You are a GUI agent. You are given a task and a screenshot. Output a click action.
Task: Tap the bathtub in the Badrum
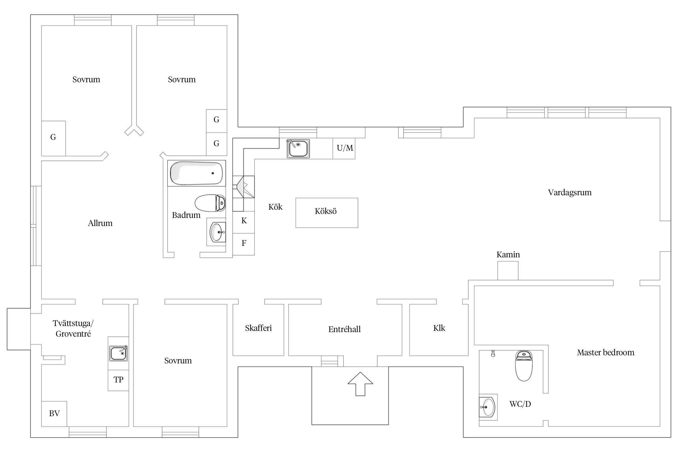coord(196,173)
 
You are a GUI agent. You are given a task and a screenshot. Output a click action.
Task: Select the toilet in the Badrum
coord(210,203)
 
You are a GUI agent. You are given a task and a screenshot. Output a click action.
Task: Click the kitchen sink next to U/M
coord(298,149)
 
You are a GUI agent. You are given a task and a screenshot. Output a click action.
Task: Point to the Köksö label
coord(326,211)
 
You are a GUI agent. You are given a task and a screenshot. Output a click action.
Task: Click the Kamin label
coord(508,255)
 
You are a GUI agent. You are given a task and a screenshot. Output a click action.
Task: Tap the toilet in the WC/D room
coord(524,366)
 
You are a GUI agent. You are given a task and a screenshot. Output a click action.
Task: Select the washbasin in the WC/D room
coord(488,407)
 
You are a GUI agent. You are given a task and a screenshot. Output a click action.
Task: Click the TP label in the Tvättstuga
coord(118,380)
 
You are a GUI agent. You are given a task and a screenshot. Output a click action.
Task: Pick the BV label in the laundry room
coord(54,413)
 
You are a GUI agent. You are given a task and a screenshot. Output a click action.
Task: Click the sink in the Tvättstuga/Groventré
coord(118,353)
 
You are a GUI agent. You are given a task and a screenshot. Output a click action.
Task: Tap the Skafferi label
coord(258,328)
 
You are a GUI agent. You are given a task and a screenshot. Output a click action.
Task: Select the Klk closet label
coord(439,328)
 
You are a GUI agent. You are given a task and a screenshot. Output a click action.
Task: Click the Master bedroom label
coord(606,353)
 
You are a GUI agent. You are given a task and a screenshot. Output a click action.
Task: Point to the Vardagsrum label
coord(570,193)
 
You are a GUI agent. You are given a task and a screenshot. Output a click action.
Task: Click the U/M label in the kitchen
coord(345,148)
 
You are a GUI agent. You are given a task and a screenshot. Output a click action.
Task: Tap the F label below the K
coord(244,243)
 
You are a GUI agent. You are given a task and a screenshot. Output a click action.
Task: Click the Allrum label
coord(100,223)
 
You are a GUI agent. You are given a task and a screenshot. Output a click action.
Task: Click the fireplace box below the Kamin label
coord(508,271)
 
